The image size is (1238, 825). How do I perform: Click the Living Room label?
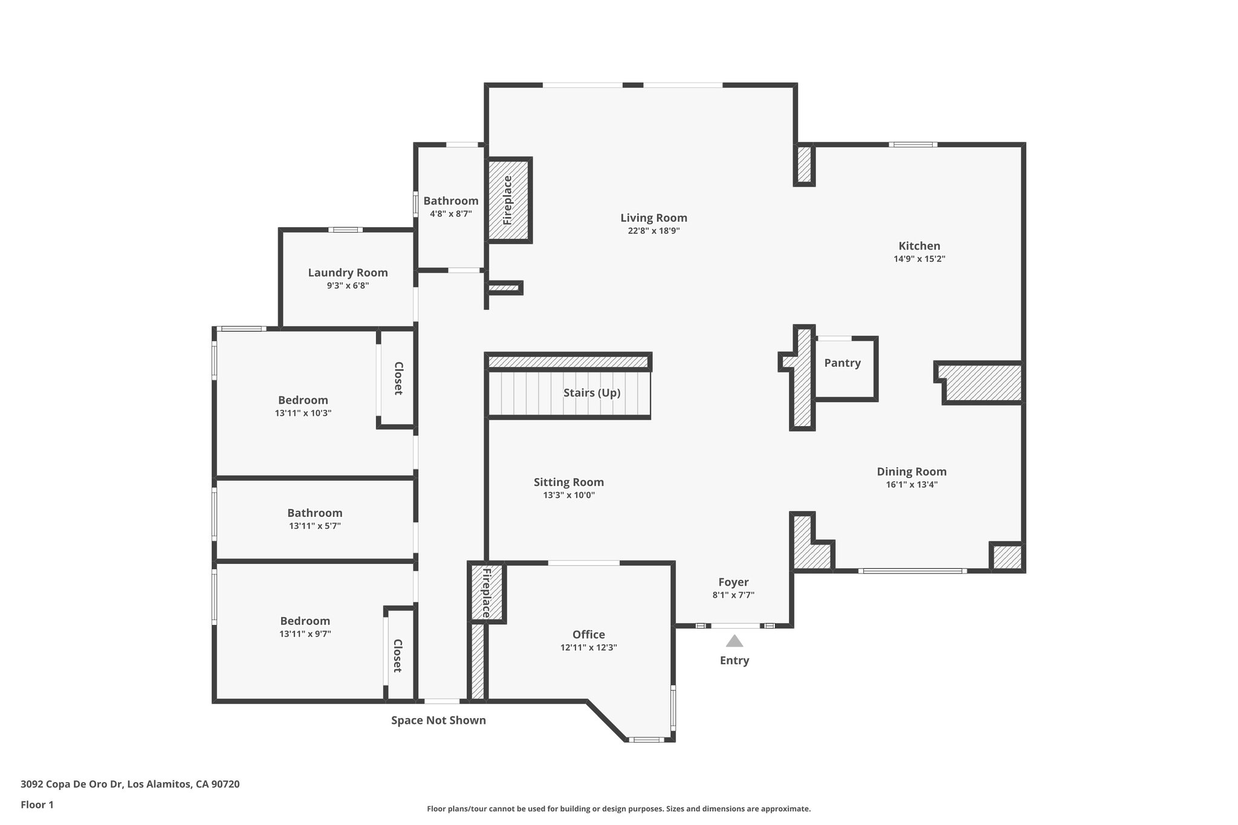pos(653,218)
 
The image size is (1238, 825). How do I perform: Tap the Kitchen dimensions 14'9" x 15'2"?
pos(919,259)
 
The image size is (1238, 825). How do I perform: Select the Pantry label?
pos(842,363)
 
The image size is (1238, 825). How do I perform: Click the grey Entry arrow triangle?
pos(734,641)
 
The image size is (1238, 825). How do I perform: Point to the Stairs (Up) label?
pos(592,393)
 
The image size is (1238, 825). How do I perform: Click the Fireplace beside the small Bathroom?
pos(508,200)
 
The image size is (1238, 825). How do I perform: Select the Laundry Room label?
pos(348,273)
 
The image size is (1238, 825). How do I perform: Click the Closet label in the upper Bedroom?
pos(398,378)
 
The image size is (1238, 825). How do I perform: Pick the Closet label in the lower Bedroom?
pos(398,656)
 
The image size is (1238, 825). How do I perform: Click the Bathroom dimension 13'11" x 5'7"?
pos(314,526)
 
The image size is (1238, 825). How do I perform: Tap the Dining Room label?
pos(912,472)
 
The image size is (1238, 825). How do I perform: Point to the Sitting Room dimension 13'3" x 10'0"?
pos(568,496)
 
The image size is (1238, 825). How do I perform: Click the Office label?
pos(588,635)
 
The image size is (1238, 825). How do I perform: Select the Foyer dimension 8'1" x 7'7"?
pos(733,595)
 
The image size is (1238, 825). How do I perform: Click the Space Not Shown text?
pos(438,720)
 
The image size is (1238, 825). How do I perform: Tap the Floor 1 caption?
pos(37,804)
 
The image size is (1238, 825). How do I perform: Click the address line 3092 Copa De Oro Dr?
pos(130,785)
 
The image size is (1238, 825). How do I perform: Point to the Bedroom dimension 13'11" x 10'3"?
pos(303,413)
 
